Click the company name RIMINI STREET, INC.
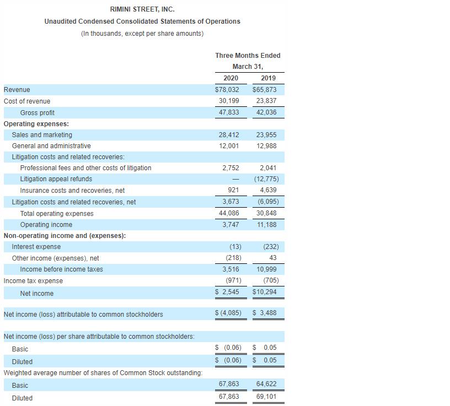[x=142, y=9]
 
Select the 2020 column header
[x=231, y=78]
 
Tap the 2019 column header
[x=268, y=78]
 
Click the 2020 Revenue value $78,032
[x=227, y=90]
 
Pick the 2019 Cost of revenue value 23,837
[x=266, y=101]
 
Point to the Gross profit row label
[x=37, y=113]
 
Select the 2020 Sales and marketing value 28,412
[x=229, y=135]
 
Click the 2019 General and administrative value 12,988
[x=266, y=146]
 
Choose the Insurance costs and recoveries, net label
[x=72, y=191]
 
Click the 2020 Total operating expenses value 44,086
[x=229, y=213]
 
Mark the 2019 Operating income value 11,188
[x=266, y=225]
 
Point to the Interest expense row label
[x=36, y=247]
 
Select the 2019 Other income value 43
[x=273, y=258]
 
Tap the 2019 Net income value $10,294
[x=264, y=292]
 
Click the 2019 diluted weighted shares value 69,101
[x=266, y=397]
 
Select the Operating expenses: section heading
[x=36, y=124]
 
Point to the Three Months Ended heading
[x=248, y=56]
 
